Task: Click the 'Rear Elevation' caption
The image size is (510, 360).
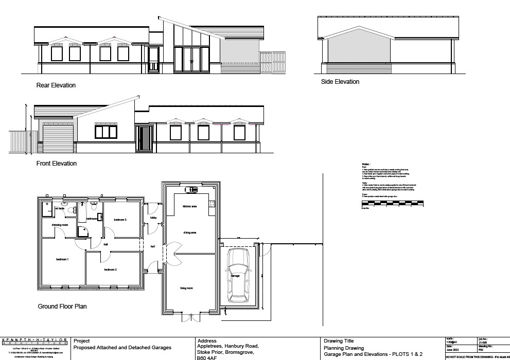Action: [x=56, y=85]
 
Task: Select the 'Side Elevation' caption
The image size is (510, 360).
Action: [x=340, y=82]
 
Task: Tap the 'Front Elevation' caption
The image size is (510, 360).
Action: [x=57, y=164]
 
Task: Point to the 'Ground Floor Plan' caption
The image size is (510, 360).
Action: [x=62, y=307]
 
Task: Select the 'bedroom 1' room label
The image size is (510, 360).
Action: [x=63, y=259]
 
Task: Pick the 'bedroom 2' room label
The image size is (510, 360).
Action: [x=111, y=269]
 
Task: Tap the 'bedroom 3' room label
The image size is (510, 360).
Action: [x=120, y=220]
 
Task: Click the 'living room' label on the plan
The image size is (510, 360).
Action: [x=186, y=289]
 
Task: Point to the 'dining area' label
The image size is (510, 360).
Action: [x=190, y=232]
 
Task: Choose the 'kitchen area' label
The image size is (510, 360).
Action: [x=190, y=207]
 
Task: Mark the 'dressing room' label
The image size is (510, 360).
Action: [x=60, y=225]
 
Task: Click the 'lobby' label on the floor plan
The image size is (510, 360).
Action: [x=153, y=218]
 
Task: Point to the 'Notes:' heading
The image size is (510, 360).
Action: [x=366, y=164]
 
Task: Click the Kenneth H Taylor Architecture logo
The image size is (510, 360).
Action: [x=35, y=341]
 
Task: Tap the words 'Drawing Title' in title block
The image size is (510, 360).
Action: [x=339, y=341]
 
